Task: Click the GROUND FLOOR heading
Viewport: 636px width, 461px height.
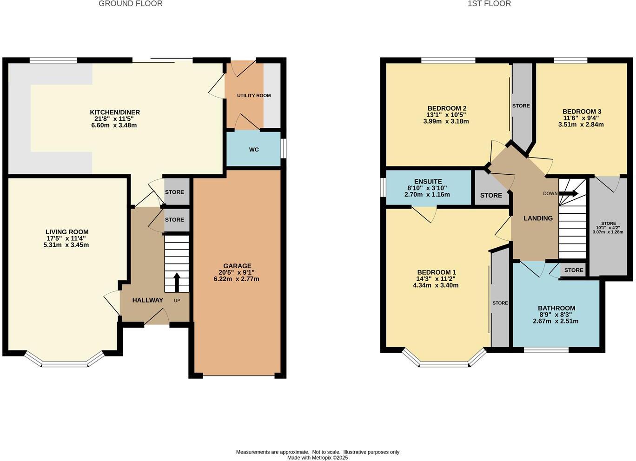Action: [x=131, y=4]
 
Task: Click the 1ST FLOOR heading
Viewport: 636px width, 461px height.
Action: [x=489, y=4]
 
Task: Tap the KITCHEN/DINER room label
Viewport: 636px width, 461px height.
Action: [x=114, y=112]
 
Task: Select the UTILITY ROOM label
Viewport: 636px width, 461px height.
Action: [x=254, y=96]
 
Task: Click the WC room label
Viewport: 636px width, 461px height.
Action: [x=254, y=150]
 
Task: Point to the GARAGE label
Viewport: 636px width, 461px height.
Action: [x=237, y=266]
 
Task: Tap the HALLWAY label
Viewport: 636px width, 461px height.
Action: [x=147, y=300]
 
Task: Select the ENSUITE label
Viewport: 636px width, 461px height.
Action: [x=428, y=182]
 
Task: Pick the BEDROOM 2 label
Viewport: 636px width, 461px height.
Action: [x=446, y=108]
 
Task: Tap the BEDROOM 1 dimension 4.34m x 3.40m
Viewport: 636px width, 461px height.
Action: [x=436, y=285]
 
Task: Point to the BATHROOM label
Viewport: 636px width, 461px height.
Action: [x=556, y=308]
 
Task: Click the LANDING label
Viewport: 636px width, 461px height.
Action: [x=538, y=218]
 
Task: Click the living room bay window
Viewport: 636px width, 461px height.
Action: [x=64, y=362]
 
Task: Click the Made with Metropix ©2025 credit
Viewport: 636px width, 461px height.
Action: [x=318, y=458]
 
